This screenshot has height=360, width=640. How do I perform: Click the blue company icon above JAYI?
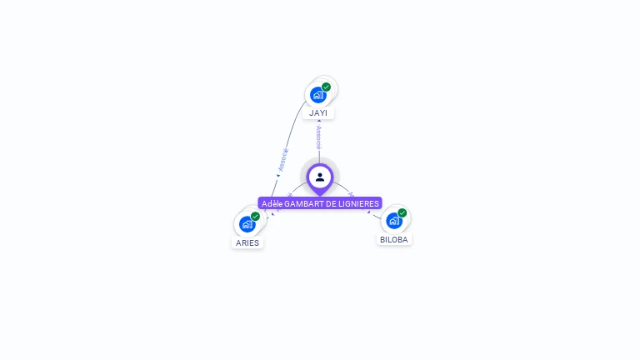click(x=317, y=95)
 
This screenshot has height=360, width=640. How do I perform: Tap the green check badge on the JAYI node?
click(x=327, y=87)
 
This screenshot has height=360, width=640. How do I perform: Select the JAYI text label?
click(x=318, y=112)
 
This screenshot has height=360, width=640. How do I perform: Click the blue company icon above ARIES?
click(x=247, y=224)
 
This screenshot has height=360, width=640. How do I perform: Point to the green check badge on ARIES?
click(x=256, y=217)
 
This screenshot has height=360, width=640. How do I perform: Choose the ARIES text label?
click(x=247, y=243)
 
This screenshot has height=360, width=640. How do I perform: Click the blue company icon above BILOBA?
click(x=393, y=221)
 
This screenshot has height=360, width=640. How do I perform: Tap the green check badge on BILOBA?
click(x=402, y=213)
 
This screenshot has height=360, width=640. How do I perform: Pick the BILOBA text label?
click(x=394, y=239)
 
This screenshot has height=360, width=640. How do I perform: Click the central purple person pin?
click(x=320, y=177)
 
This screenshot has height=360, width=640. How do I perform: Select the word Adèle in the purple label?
click(x=272, y=203)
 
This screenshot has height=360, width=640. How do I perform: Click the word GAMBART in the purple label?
click(x=303, y=203)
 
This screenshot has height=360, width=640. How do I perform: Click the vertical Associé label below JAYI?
click(x=319, y=137)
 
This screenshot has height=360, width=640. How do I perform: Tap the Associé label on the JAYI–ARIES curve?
click(x=283, y=159)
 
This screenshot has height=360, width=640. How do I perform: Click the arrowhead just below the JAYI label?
click(x=319, y=122)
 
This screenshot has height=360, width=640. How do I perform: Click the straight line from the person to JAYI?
click(x=319, y=154)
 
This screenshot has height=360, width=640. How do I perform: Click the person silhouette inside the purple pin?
click(x=320, y=177)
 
